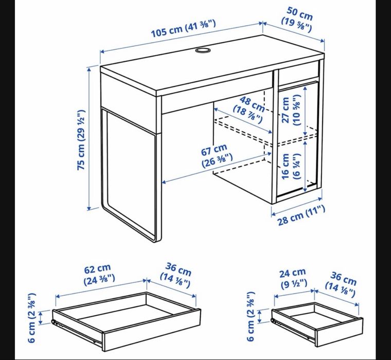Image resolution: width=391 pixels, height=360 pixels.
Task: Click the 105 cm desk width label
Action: click(184, 29)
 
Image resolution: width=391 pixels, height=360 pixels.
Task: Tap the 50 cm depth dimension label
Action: click(297, 20)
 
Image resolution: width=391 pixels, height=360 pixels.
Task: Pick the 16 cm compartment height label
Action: click(291, 166)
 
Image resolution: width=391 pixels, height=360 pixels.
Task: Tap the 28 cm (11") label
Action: click(301, 215)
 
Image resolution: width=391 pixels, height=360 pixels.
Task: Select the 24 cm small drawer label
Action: click(293, 279)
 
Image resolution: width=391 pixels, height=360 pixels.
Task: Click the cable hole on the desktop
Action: click(203, 50)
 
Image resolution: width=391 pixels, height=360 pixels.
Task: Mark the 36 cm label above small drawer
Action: click(341, 284)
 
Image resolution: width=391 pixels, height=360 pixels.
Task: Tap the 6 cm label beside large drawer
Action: click(31, 318)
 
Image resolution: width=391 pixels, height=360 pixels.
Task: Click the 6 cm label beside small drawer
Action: click(250, 316)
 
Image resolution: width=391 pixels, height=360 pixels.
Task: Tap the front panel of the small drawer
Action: click(339, 332)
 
